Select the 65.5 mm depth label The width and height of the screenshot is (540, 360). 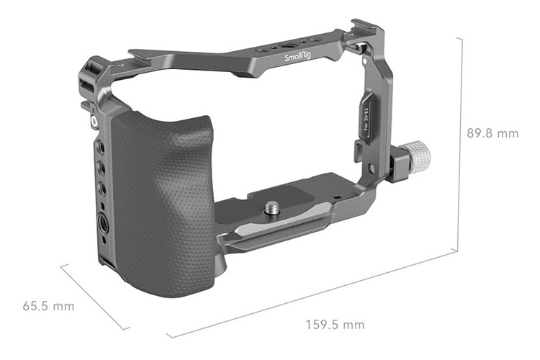point(48,306)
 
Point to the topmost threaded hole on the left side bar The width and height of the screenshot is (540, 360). point(100,147)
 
